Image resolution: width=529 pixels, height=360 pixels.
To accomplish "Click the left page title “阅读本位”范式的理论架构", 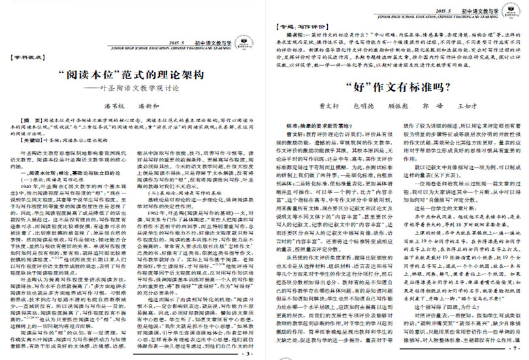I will pos(133,75).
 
